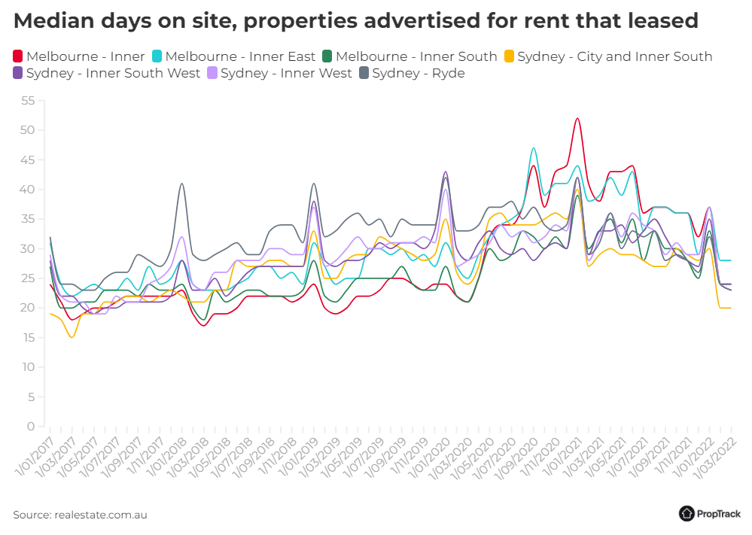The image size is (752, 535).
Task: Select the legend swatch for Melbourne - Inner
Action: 18,56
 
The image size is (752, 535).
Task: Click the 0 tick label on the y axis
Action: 31,427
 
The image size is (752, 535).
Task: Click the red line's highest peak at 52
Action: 577,118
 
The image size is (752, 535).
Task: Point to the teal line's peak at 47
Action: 534,148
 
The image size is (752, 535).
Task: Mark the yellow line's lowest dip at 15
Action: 72,337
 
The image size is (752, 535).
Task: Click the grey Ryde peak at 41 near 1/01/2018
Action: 181,184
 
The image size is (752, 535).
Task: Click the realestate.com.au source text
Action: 100,515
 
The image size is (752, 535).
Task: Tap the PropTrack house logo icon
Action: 687,513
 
